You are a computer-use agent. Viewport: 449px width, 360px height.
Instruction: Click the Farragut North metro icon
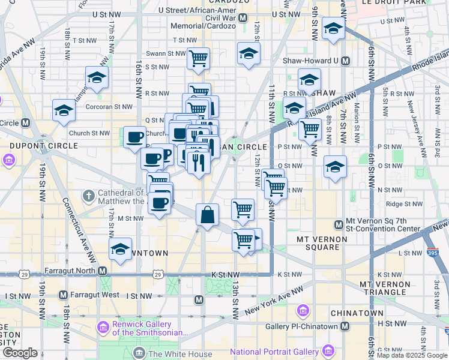pos(103,271)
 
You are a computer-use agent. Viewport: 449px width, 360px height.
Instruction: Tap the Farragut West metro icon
pos(63,295)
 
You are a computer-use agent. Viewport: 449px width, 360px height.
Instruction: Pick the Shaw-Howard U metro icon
pos(345,61)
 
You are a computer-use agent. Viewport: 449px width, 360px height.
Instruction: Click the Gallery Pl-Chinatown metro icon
pos(345,326)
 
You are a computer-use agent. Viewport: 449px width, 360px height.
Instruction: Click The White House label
pos(180,354)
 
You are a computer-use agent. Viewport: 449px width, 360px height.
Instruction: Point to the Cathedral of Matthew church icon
pos(88,196)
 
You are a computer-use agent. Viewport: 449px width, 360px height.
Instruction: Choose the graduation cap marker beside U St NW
pos(333,28)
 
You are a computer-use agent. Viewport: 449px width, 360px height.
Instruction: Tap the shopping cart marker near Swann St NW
pos(198,59)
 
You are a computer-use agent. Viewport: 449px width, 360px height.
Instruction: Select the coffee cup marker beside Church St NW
pos(134,137)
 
